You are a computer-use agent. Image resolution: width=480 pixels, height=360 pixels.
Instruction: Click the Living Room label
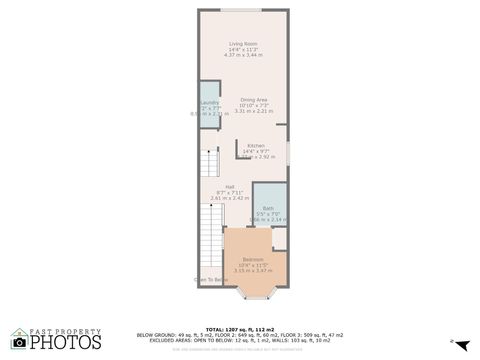tap(243, 44)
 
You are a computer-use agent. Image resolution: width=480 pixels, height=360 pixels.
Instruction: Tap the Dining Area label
tap(253, 100)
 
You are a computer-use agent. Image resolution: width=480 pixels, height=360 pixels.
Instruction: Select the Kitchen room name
tap(256, 146)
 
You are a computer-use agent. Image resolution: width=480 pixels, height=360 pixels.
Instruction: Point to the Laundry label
tap(209, 103)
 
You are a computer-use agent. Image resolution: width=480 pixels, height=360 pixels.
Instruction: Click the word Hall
tap(229, 188)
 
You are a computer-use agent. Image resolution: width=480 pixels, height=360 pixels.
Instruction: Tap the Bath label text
tap(268, 208)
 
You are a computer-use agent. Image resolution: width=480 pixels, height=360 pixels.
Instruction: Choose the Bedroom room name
tap(253, 259)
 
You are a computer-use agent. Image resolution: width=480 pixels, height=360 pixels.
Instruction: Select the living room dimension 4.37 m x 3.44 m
tap(243, 56)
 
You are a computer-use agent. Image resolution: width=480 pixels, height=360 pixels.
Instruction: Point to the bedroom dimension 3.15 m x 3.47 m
tap(253, 271)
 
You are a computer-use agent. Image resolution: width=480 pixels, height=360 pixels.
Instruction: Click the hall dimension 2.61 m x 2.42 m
tap(229, 199)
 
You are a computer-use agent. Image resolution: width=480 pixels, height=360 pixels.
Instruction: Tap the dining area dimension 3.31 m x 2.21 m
tap(253, 111)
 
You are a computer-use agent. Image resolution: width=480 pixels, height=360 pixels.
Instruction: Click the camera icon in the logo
tap(19, 342)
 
